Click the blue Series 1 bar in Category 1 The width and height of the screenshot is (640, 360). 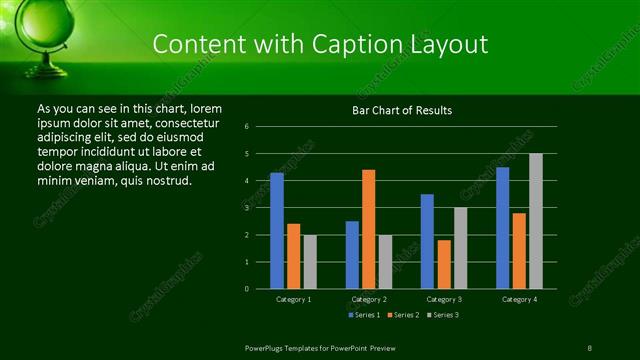(x=277, y=231)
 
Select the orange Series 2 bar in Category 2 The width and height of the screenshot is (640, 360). (x=368, y=229)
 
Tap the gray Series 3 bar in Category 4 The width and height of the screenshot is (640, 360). (x=535, y=221)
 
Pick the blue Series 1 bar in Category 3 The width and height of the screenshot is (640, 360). (x=427, y=241)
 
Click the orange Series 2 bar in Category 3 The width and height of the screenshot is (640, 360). (x=443, y=264)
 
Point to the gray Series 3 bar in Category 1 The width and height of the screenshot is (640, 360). (x=309, y=262)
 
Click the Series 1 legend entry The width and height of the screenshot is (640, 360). (x=364, y=315)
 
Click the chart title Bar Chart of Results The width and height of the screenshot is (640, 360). (x=402, y=110)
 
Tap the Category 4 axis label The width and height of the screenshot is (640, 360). (x=518, y=299)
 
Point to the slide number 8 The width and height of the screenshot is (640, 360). (x=590, y=347)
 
